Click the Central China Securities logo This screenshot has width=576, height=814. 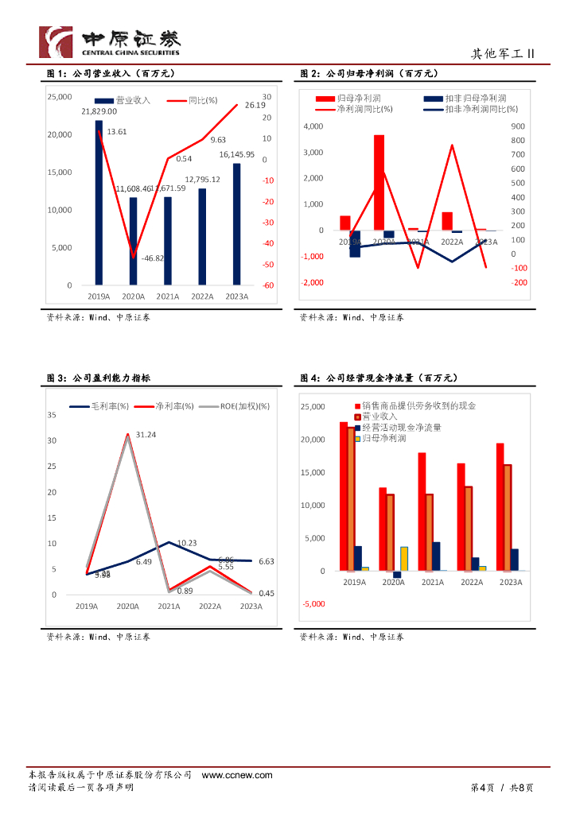point(110,42)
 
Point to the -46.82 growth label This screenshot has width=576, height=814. point(153,258)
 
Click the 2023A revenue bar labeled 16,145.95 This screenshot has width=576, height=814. point(236,223)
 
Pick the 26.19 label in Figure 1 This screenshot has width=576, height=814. point(255,105)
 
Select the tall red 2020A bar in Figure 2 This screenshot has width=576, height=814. point(379,182)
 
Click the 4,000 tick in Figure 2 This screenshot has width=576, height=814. point(314,126)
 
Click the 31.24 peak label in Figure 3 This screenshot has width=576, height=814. point(146,435)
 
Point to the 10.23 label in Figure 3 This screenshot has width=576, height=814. point(187,543)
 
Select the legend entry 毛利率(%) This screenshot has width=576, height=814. point(99,406)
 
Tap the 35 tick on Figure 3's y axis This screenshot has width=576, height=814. point(52,415)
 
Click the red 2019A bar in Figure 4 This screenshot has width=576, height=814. point(343,496)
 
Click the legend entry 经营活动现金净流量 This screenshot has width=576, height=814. point(402,427)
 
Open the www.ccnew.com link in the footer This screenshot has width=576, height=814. point(237,775)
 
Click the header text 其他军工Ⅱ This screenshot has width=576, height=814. point(502,54)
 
